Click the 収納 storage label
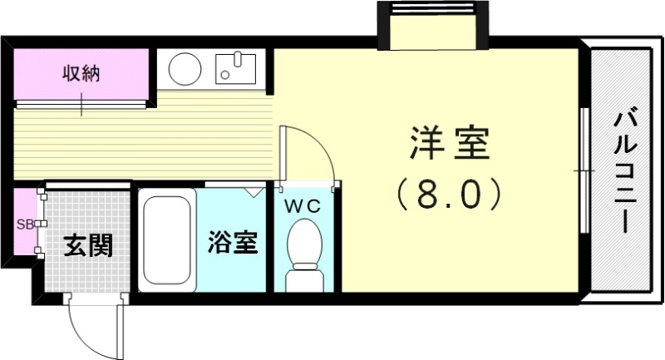click(81, 73)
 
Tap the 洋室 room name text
click(450, 145)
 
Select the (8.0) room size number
click(450, 195)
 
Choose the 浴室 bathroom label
click(234, 243)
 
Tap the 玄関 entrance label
click(88, 246)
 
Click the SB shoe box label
click(24, 224)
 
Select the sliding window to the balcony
click(584, 170)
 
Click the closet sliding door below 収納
click(81, 103)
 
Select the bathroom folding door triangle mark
click(252, 191)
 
